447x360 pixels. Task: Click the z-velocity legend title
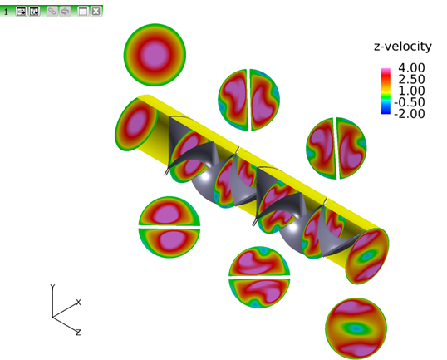click(x=402, y=47)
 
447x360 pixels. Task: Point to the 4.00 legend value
click(x=411, y=68)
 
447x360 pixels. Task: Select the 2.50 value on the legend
click(x=411, y=79)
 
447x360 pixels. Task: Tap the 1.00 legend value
click(x=411, y=91)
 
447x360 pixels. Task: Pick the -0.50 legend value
click(x=409, y=102)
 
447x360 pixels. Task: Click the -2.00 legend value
click(x=409, y=114)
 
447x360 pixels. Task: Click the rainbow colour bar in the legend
click(x=386, y=91)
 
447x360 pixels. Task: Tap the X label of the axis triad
click(x=79, y=302)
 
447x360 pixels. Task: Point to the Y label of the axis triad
click(x=52, y=287)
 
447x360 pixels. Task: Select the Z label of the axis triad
click(x=78, y=332)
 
